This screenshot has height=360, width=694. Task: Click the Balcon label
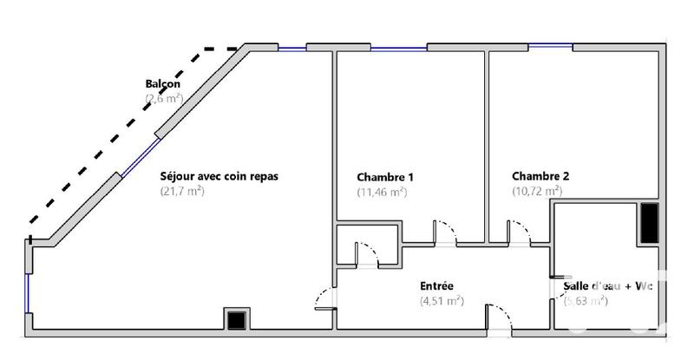pos(163,84)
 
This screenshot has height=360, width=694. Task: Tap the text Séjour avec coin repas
pos(219,174)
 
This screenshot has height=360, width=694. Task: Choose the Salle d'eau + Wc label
pos(607,286)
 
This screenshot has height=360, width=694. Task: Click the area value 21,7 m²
pos(182,190)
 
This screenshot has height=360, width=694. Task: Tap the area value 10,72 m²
pos(537,190)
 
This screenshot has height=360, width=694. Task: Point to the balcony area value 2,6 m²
pos(164,100)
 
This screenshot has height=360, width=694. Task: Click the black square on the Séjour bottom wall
pos(236,318)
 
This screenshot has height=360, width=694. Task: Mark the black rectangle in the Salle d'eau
pos(649,224)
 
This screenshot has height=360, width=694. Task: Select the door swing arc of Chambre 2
pos(519,230)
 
